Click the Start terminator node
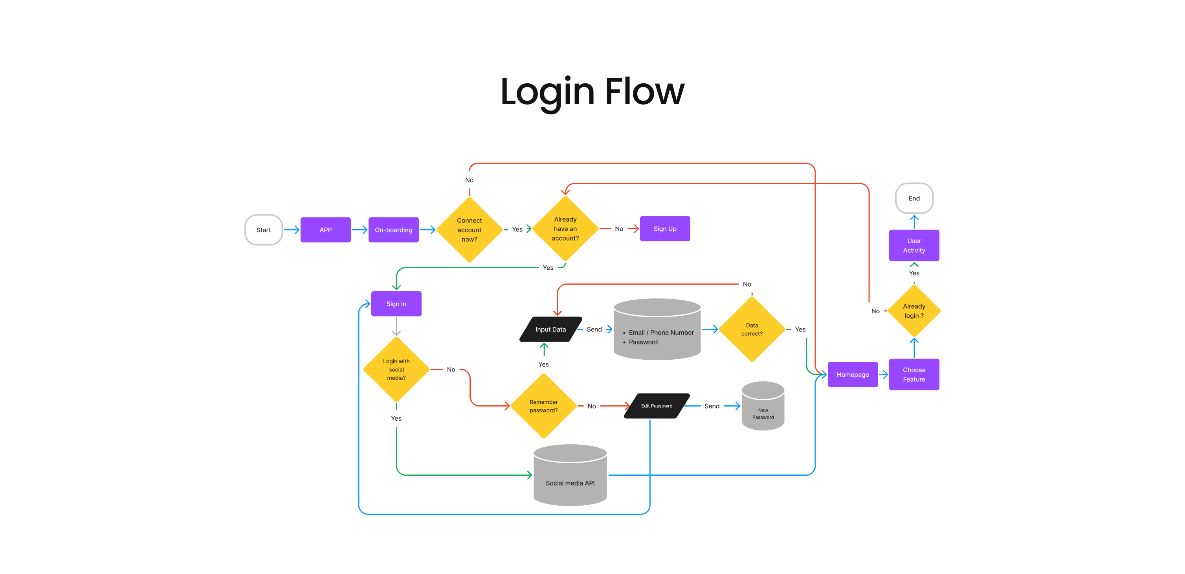coord(264,230)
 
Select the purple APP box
coord(326,230)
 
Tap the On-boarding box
coord(393,230)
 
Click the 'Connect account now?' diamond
coord(469,230)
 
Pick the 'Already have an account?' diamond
coord(565,229)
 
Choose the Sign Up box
coord(665,229)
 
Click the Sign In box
coord(396,304)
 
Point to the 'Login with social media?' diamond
coord(396,370)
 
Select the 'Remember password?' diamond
coord(543,406)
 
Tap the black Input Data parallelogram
coord(550,329)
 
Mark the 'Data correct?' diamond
coord(752,329)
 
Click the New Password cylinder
coord(763,407)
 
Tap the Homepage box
coord(853,375)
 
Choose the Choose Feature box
coord(914,375)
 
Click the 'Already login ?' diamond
coord(914,311)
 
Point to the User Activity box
coord(914,245)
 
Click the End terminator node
coord(914,199)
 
